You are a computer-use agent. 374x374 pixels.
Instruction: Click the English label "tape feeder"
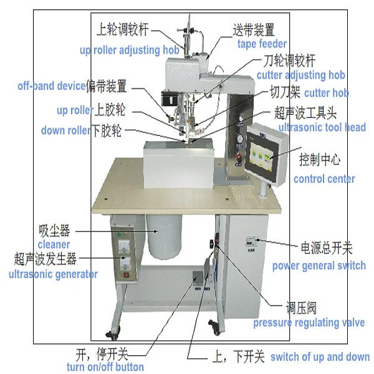click(x=262, y=44)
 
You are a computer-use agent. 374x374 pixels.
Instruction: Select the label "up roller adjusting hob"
click(x=130, y=50)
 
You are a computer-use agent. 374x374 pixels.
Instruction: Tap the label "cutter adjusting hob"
click(x=300, y=75)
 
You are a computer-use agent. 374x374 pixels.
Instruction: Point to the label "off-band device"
click(x=52, y=86)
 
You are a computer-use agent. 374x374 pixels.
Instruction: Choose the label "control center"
click(x=324, y=179)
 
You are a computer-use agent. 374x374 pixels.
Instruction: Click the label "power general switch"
click(x=319, y=266)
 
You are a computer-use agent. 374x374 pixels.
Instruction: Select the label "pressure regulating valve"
click(x=309, y=323)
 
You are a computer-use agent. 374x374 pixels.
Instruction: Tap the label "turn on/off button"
click(x=105, y=367)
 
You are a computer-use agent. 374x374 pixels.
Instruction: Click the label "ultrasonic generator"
click(x=53, y=274)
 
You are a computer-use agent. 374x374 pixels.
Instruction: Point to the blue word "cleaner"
click(x=54, y=245)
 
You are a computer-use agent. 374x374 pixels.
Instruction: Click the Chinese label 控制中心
click(x=320, y=160)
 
